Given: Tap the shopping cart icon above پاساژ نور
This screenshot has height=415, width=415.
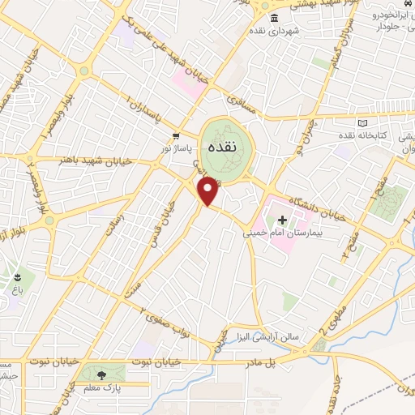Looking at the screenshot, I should click(176, 136).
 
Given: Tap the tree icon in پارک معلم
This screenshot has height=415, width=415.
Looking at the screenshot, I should click(101, 374).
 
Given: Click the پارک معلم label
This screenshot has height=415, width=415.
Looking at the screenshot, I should click(101, 387).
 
